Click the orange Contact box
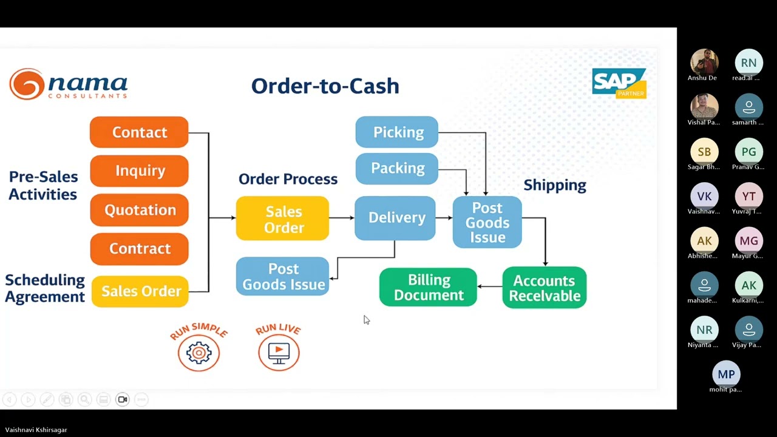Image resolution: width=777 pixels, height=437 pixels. point(139,132)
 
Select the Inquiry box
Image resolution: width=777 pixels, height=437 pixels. point(139,171)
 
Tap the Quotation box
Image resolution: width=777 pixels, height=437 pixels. point(139,210)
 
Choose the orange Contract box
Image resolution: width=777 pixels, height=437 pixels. point(139,249)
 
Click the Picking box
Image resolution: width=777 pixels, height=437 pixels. point(396,132)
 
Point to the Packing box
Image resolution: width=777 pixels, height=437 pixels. point(396,168)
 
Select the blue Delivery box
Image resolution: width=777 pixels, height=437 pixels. point(395,218)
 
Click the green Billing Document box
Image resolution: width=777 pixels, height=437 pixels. point(428,288)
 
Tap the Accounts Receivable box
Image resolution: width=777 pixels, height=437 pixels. point(544,288)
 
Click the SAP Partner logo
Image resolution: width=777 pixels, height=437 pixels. point(619,83)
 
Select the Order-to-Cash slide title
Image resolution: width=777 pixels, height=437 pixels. point(325,86)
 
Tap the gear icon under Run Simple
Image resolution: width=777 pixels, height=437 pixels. point(198,353)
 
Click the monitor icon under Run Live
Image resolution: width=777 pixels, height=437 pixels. point(279,353)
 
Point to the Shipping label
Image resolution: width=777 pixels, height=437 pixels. point(554,185)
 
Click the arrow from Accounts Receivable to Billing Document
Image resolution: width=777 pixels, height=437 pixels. point(489,286)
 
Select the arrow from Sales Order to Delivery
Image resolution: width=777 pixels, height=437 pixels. point(342,217)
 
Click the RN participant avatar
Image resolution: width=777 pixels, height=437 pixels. point(748,63)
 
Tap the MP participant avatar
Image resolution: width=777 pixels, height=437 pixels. point(726,374)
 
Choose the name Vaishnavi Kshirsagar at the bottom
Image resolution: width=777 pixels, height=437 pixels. point(36,430)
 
